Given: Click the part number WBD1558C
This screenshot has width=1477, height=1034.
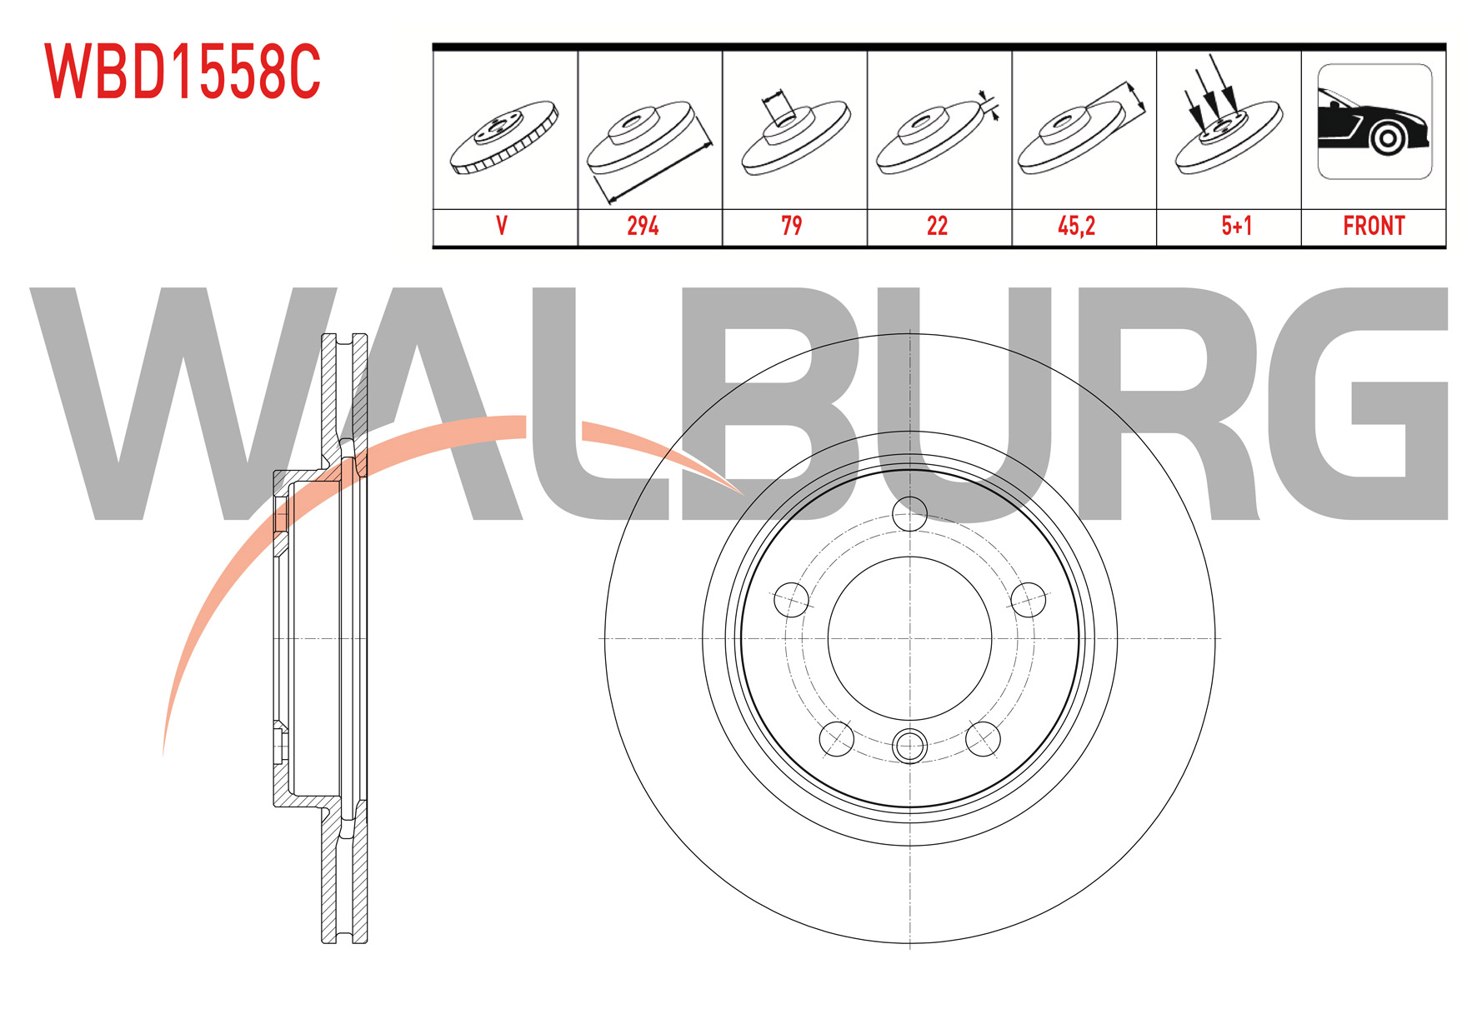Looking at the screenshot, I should tap(183, 72).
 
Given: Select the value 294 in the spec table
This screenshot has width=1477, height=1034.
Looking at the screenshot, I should tap(643, 226).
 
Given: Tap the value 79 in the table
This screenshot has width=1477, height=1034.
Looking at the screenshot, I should tap(791, 226).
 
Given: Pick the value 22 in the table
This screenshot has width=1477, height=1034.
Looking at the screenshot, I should tap(937, 226).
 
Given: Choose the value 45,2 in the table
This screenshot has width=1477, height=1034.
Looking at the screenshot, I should tap(1076, 226).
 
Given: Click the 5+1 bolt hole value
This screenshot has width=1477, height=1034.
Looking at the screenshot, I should tap(1236, 226).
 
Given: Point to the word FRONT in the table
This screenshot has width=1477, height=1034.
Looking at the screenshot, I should tap(1374, 226).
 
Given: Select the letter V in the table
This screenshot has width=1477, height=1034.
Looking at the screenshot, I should tap(502, 226).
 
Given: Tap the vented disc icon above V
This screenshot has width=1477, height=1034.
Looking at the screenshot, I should tap(504, 137).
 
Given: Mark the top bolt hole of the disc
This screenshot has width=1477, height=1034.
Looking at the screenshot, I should tap(909, 514).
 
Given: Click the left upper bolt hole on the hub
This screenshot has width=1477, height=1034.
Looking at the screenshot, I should tap(791, 600).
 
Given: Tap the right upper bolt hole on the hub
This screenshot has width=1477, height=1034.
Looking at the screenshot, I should tap(1028, 600).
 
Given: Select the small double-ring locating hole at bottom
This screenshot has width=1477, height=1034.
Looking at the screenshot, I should tap(909, 746).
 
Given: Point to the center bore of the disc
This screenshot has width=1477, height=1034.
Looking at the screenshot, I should tap(909, 639).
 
